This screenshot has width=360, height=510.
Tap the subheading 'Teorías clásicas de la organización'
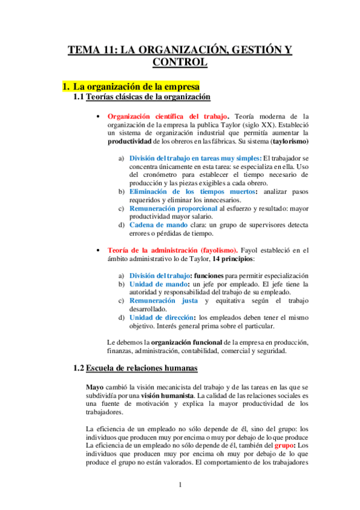point(148,97)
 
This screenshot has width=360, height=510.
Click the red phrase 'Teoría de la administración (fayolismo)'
point(172,250)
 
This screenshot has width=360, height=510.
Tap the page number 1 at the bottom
point(180,485)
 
